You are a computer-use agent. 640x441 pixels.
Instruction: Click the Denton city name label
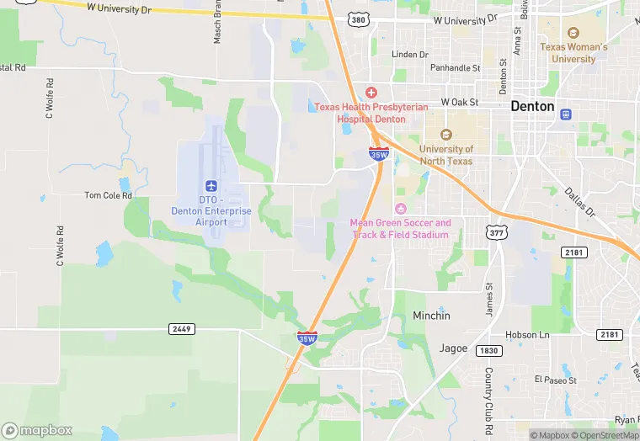[532, 107]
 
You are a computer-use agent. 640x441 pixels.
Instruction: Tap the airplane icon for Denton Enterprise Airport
[211, 185]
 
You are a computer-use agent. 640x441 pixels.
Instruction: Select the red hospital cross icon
[371, 93]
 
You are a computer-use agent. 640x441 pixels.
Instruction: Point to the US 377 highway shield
[494, 229]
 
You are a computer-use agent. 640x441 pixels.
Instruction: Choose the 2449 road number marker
[181, 328]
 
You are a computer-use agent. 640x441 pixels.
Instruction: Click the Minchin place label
[431, 316]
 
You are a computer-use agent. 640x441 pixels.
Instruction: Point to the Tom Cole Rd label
[109, 195]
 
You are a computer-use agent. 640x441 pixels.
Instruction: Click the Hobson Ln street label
[527, 335]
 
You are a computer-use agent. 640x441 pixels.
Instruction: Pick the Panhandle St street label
[455, 68]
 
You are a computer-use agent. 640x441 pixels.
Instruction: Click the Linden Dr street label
[410, 55]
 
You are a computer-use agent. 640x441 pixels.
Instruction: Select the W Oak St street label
[455, 103]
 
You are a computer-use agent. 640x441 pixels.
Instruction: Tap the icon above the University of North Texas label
[446, 134]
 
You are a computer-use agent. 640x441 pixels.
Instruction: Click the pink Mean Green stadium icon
[400, 208]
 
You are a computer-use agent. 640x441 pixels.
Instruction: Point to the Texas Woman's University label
[573, 53]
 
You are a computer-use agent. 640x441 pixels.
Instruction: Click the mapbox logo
[38, 429]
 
